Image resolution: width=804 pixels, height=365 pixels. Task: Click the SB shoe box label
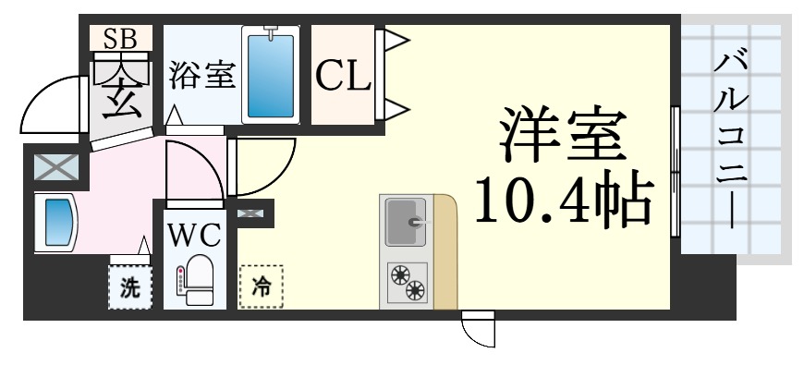[119, 38]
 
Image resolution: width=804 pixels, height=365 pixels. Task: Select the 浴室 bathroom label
[201, 76]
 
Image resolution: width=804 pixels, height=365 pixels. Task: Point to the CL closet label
[342, 76]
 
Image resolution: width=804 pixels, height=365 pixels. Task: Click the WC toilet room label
[193, 235]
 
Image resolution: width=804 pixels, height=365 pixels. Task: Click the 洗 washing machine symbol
[128, 286]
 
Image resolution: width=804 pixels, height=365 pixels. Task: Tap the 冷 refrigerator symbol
[262, 286]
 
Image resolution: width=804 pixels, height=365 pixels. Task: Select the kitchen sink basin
[408, 221]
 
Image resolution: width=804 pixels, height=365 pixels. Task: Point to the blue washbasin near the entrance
[57, 221]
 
